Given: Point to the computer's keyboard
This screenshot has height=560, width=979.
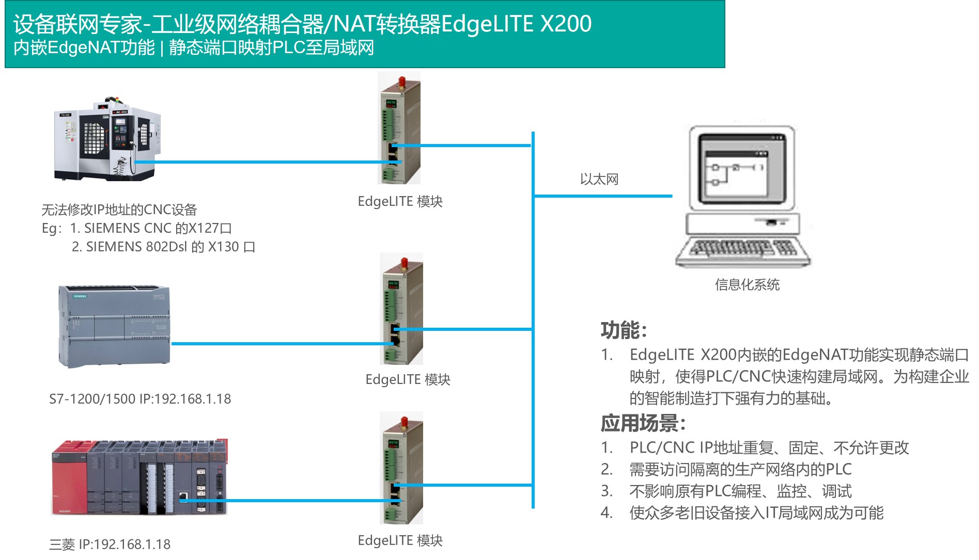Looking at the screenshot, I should click(x=742, y=251).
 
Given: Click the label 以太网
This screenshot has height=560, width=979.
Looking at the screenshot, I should click(x=599, y=180).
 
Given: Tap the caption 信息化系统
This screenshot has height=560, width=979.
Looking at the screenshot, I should click(x=747, y=284).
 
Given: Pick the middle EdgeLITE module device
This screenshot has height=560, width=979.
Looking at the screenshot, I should click(x=402, y=310).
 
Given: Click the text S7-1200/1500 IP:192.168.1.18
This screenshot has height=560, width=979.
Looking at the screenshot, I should click(x=140, y=399).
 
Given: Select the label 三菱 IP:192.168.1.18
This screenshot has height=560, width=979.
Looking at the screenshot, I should click(x=110, y=545).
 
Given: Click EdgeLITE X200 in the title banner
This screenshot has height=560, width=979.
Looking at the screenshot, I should click(x=517, y=24).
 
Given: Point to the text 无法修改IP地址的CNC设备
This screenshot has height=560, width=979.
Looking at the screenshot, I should click(x=119, y=210).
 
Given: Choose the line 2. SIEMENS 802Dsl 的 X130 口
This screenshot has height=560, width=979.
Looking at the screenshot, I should click(x=163, y=247).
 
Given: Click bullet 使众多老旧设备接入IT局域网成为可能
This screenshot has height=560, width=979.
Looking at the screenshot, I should click(x=756, y=513).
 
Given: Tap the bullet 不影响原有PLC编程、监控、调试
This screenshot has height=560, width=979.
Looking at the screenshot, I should click(x=740, y=491).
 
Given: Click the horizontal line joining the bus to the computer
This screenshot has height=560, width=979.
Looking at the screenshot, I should click(x=602, y=196).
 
